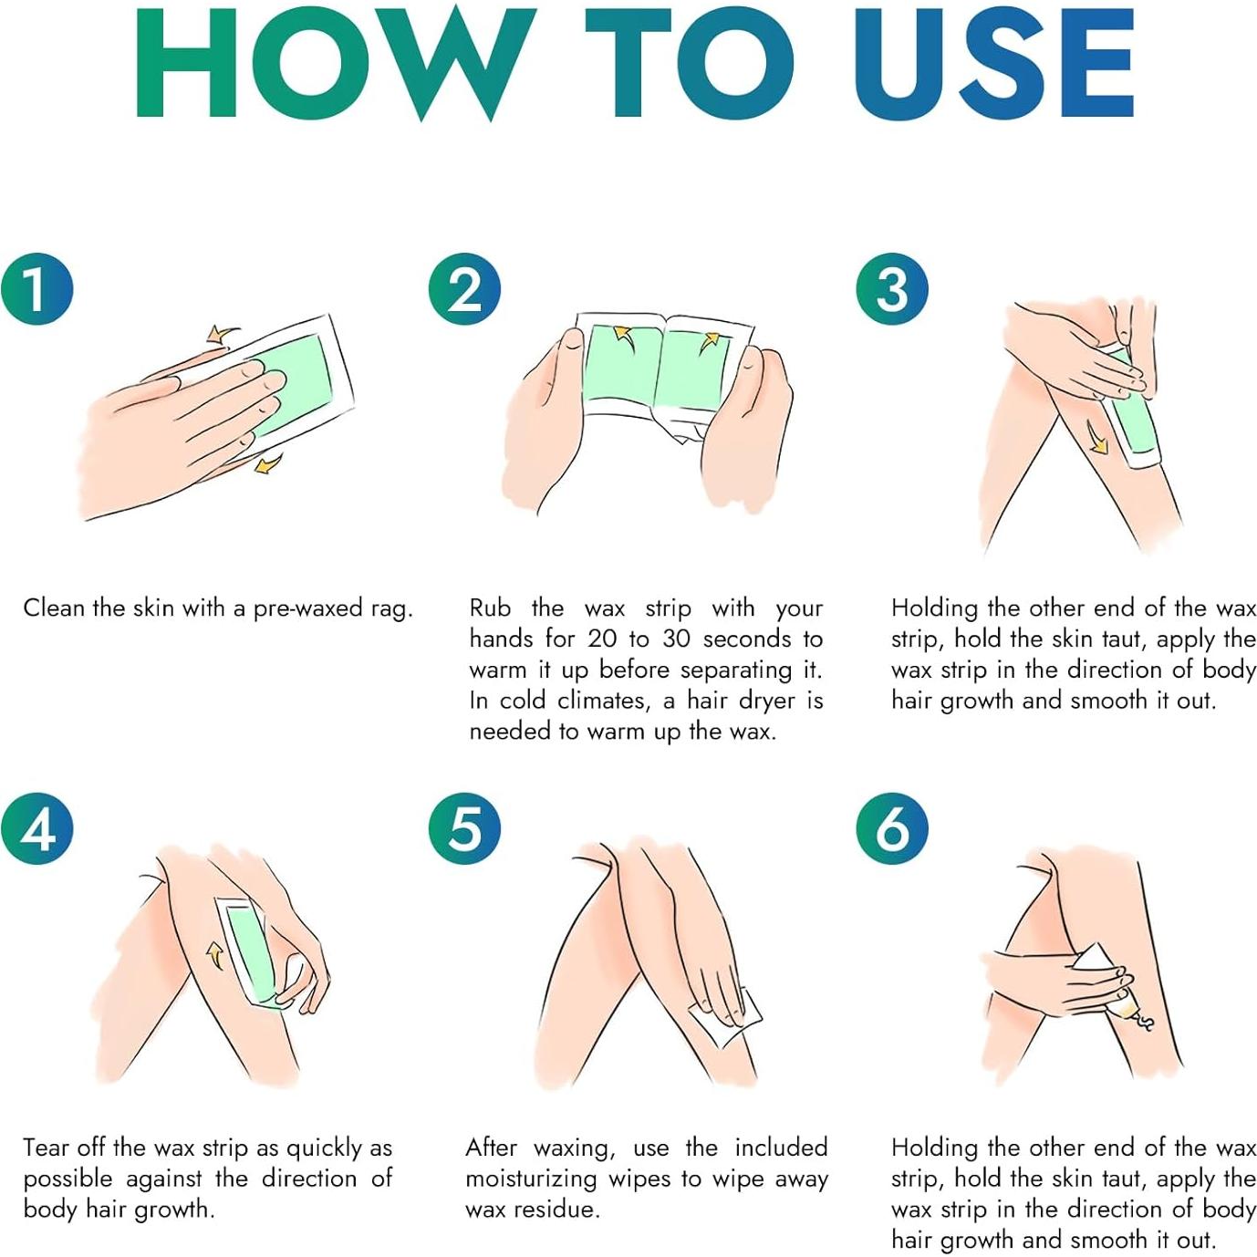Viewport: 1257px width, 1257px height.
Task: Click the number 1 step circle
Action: (x=36, y=289)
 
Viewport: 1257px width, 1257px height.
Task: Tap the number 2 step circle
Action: (x=464, y=289)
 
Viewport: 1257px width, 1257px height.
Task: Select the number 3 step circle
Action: (x=892, y=289)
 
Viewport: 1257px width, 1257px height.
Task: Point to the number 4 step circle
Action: (x=36, y=829)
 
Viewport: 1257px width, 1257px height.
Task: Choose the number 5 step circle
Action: (x=464, y=829)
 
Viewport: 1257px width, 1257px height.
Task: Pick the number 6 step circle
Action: (x=892, y=829)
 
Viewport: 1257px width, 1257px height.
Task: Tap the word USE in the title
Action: (x=994, y=62)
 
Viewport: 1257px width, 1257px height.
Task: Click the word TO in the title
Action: (x=691, y=62)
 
